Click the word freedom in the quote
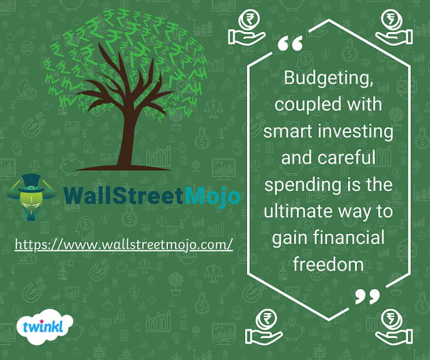point(328,264)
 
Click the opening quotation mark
point(290,44)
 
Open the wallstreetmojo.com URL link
point(124,243)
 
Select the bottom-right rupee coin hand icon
point(394,323)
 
